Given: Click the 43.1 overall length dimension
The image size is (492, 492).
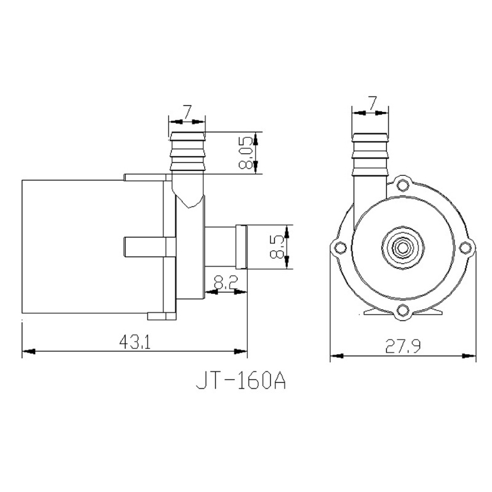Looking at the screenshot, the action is point(135,342).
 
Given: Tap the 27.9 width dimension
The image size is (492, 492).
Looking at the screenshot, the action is point(403,346).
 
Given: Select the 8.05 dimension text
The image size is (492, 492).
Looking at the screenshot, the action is point(245,153).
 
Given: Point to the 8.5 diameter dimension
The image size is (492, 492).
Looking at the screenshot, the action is point(276,247).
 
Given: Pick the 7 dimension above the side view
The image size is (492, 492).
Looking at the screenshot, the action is point(187,112).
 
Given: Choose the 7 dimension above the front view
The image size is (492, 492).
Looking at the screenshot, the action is point(372,103).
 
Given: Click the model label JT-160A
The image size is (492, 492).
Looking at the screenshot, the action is point(241,381).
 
